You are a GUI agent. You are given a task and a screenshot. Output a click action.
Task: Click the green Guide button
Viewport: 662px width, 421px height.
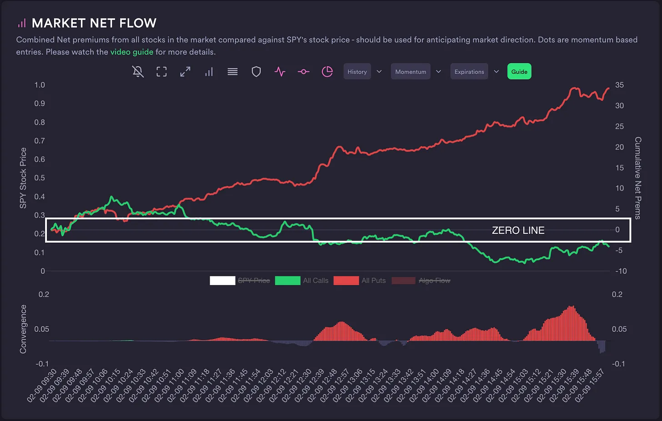519,72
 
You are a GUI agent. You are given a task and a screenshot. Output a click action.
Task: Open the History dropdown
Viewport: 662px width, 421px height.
357,72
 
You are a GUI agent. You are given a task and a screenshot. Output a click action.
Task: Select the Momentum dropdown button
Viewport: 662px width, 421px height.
411,72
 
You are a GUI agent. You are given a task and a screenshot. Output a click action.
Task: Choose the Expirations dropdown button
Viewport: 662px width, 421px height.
469,72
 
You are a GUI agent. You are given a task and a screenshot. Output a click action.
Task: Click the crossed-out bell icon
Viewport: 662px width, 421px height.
138,72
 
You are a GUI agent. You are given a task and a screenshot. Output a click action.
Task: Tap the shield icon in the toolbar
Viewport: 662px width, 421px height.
256,72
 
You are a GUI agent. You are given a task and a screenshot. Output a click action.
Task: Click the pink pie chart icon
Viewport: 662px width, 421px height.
327,72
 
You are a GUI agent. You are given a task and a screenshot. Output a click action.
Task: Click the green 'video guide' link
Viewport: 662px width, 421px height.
132,52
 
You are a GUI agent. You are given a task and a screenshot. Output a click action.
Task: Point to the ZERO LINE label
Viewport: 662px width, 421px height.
518,230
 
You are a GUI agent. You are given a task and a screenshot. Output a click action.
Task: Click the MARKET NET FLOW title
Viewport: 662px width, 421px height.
94,23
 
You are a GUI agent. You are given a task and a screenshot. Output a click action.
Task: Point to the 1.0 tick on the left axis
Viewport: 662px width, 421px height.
40,85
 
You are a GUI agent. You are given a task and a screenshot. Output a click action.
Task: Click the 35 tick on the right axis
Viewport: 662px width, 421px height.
619,85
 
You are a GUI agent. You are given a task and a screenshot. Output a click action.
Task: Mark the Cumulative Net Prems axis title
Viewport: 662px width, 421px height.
638,178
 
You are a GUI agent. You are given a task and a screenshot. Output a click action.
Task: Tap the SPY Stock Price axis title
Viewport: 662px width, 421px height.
23,178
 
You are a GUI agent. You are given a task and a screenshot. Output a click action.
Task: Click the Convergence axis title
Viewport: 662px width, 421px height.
23,329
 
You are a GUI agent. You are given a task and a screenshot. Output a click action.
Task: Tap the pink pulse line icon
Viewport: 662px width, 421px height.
280,72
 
